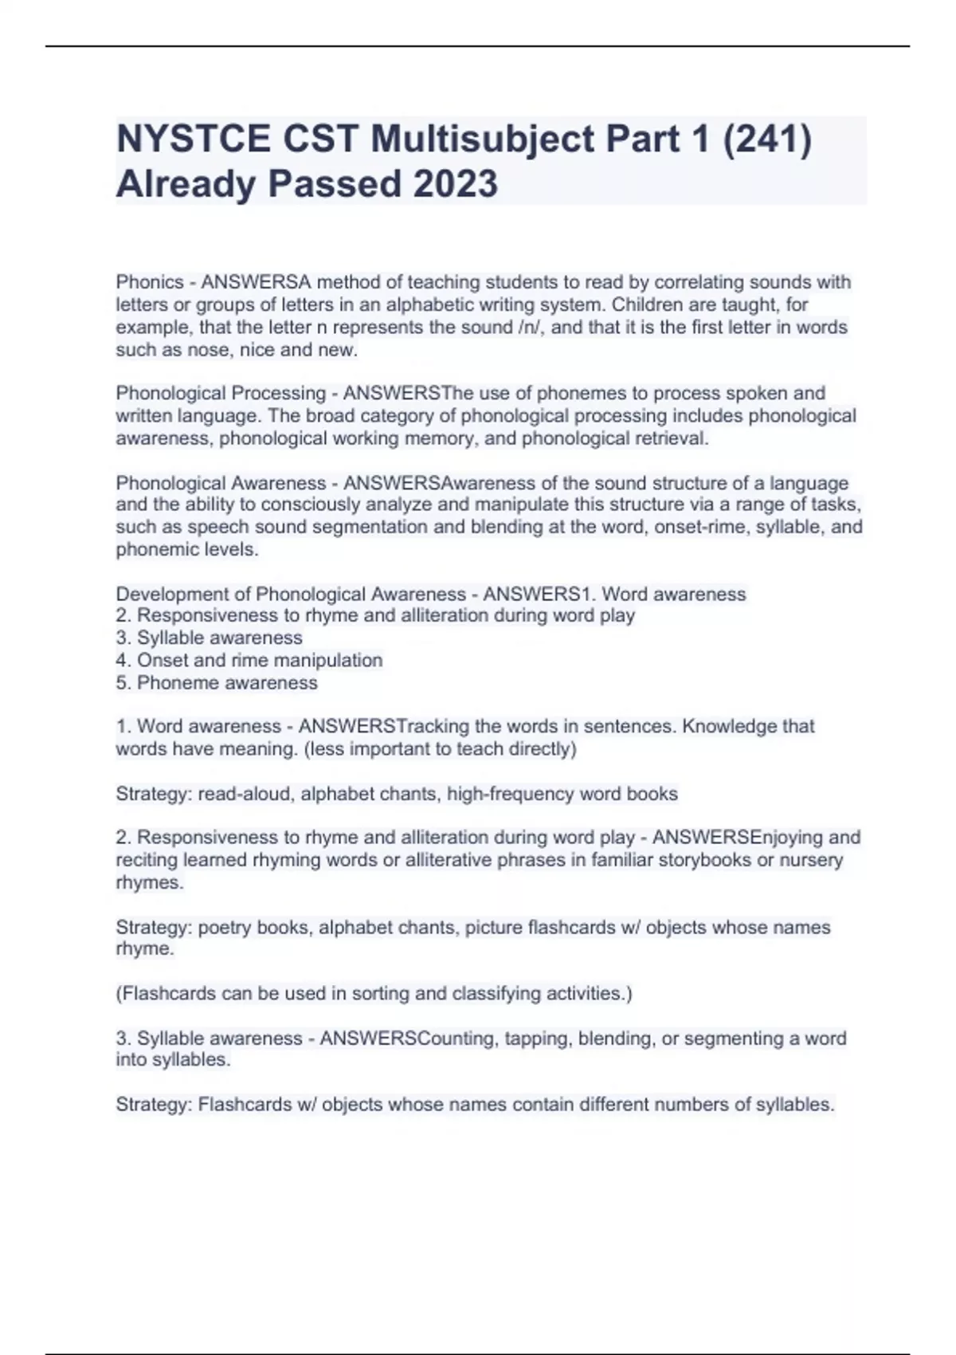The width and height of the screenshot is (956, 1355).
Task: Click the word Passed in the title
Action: pyautogui.click(x=335, y=184)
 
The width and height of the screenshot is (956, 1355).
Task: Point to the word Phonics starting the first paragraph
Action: pyautogui.click(x=150, y=282)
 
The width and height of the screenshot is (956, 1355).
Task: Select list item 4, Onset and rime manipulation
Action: pyautogui.click(x=249, y=660)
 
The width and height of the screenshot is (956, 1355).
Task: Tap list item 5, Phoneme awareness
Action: pyautogui.click(x=217, y=682)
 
